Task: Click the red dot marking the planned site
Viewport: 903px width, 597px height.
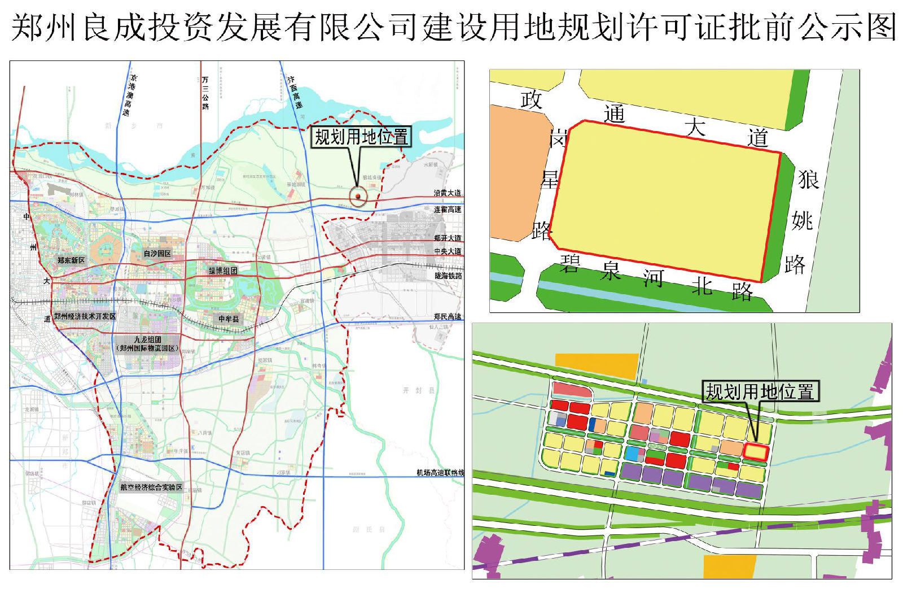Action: (358, 196)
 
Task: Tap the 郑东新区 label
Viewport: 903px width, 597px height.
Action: (71, 260)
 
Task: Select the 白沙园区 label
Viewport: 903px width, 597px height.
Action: (157, 254)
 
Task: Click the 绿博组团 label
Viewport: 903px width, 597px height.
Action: (223, 271)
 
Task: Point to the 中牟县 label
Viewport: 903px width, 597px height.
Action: (229, 319)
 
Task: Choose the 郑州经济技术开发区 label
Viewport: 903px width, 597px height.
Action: (85, 316)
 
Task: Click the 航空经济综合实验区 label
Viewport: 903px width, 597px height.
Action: (151, 487)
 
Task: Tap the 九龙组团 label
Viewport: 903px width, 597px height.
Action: (148, 340)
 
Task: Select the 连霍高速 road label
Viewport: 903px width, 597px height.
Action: (448, 210)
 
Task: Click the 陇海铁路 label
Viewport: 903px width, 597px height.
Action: (448, 276)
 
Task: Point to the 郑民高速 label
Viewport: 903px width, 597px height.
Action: (448, 317)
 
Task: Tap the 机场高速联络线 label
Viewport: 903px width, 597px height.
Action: (440, 473)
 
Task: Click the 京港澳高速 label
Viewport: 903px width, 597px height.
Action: (130, 95)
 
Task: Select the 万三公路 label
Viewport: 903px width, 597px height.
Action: (205, 93)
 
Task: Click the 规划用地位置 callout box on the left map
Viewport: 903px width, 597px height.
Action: (361, 137)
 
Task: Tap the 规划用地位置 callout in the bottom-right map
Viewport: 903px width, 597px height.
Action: (760, 391)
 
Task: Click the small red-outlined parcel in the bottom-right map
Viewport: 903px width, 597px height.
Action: (756, 452)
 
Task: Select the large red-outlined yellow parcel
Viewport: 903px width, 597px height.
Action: (666, 201)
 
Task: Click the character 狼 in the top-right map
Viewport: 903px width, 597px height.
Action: (808, 180)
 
